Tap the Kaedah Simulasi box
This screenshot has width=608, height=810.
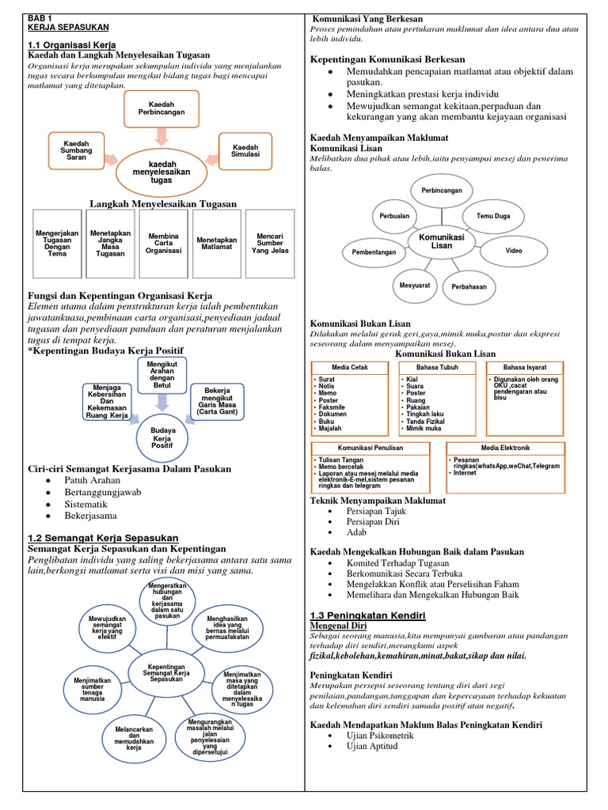pyautogui.click(x=245, y=149)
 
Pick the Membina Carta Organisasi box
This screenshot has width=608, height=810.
pyautogui.click(x=163, y=242)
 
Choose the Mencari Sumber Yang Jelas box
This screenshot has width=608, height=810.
pyautogui.click(x=270, y=242)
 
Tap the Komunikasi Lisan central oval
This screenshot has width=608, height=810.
pyautogui.click(x=441, y=240)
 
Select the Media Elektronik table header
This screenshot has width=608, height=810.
pyautogui.click(x=505, y=448)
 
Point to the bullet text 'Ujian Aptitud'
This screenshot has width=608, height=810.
pyautogui.click(x=372, y=746)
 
